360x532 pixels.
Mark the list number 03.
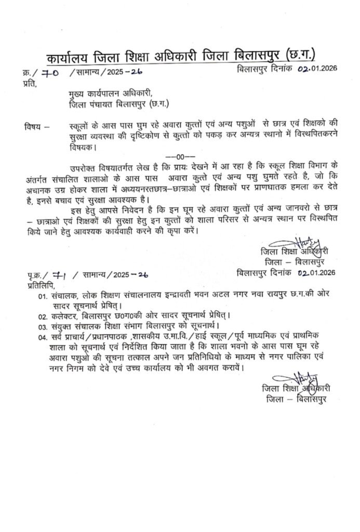click(42, 327)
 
